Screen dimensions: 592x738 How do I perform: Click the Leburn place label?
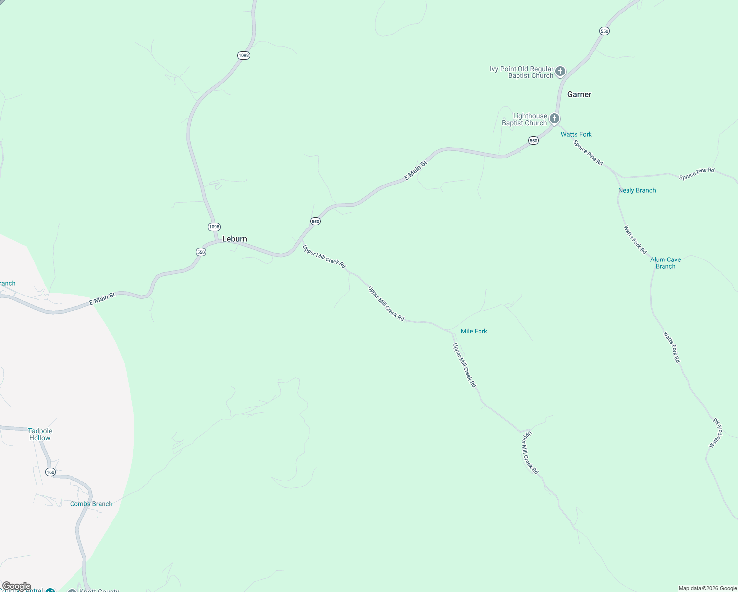[234, 239]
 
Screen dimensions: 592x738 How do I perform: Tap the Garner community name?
[579, 94]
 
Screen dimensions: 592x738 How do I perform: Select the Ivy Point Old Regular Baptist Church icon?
[560, 72]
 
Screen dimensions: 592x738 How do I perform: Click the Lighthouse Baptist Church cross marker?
[554, 119]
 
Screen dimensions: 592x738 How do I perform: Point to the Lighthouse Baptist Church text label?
[524, 120]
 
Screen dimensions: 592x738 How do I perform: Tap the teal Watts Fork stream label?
[576, 134]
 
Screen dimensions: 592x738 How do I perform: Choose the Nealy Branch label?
[637, 190]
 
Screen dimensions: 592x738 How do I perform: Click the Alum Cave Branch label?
[665, 263]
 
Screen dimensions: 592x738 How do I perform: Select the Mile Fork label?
[474, 331]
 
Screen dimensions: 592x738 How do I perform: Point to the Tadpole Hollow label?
[40, 434]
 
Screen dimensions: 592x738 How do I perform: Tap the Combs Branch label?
[91, 504]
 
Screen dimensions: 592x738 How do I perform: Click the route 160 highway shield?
[50, 472]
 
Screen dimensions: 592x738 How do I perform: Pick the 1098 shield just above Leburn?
[214, 227]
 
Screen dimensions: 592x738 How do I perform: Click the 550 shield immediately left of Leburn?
[201, 252]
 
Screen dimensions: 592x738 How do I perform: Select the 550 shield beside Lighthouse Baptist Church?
[533, 141]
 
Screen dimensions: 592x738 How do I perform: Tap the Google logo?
[16, 586]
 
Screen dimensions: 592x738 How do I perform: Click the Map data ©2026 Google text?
[707, 588]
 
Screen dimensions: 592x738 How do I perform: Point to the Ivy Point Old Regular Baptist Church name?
[521, 73]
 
